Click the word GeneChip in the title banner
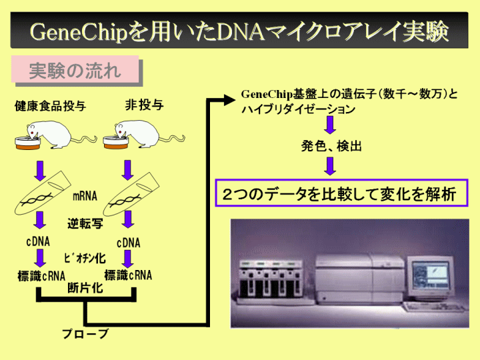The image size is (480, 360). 79,33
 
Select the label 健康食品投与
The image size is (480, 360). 50,106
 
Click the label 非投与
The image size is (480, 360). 144,105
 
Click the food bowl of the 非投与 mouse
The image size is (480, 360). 115,143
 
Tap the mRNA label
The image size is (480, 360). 85,196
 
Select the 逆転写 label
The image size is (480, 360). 85,223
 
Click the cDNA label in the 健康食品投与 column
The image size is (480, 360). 38,241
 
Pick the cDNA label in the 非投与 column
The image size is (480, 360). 129,243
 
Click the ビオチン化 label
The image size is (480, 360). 85,258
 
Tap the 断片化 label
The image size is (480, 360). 85,287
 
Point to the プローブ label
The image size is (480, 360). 85,334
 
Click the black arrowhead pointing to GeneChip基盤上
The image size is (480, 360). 228,100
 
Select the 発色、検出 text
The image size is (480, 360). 331,146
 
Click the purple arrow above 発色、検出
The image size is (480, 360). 330,125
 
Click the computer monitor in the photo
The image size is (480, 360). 430,277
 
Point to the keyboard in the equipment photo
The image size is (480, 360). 434,307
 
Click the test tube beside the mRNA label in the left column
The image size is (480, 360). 42,193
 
